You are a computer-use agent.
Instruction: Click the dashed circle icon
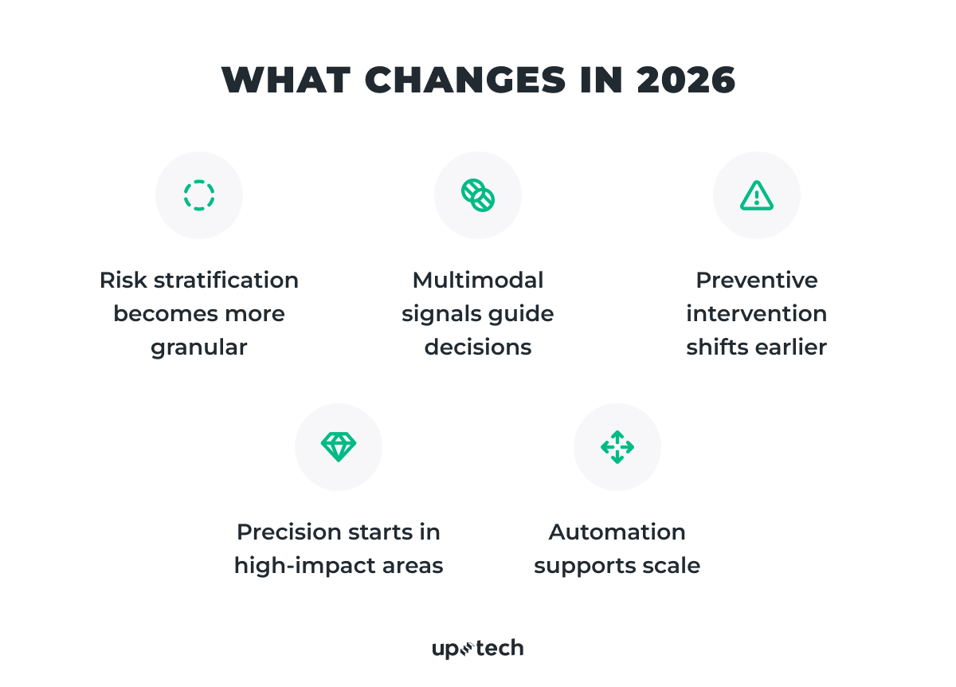(x=199, y=195)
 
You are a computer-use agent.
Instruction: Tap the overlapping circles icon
(x=478, y=195)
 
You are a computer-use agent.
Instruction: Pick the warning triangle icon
(x=756, y=195)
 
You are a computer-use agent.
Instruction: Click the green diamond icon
(x=339, y=446)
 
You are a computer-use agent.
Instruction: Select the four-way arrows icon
(x=617, y=446)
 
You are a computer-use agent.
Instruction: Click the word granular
(x=199, y=347)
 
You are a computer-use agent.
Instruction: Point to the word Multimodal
(x=478, y=281)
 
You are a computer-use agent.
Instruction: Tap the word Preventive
(x=756, y=281)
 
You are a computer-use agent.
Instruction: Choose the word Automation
(x=617, y=532)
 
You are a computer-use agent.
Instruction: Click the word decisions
(x=478, y=347)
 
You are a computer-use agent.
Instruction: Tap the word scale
(x=674, y=566)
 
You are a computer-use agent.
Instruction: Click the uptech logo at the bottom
(x=478, y=649)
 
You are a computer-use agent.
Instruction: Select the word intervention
(x=756, y=314)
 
